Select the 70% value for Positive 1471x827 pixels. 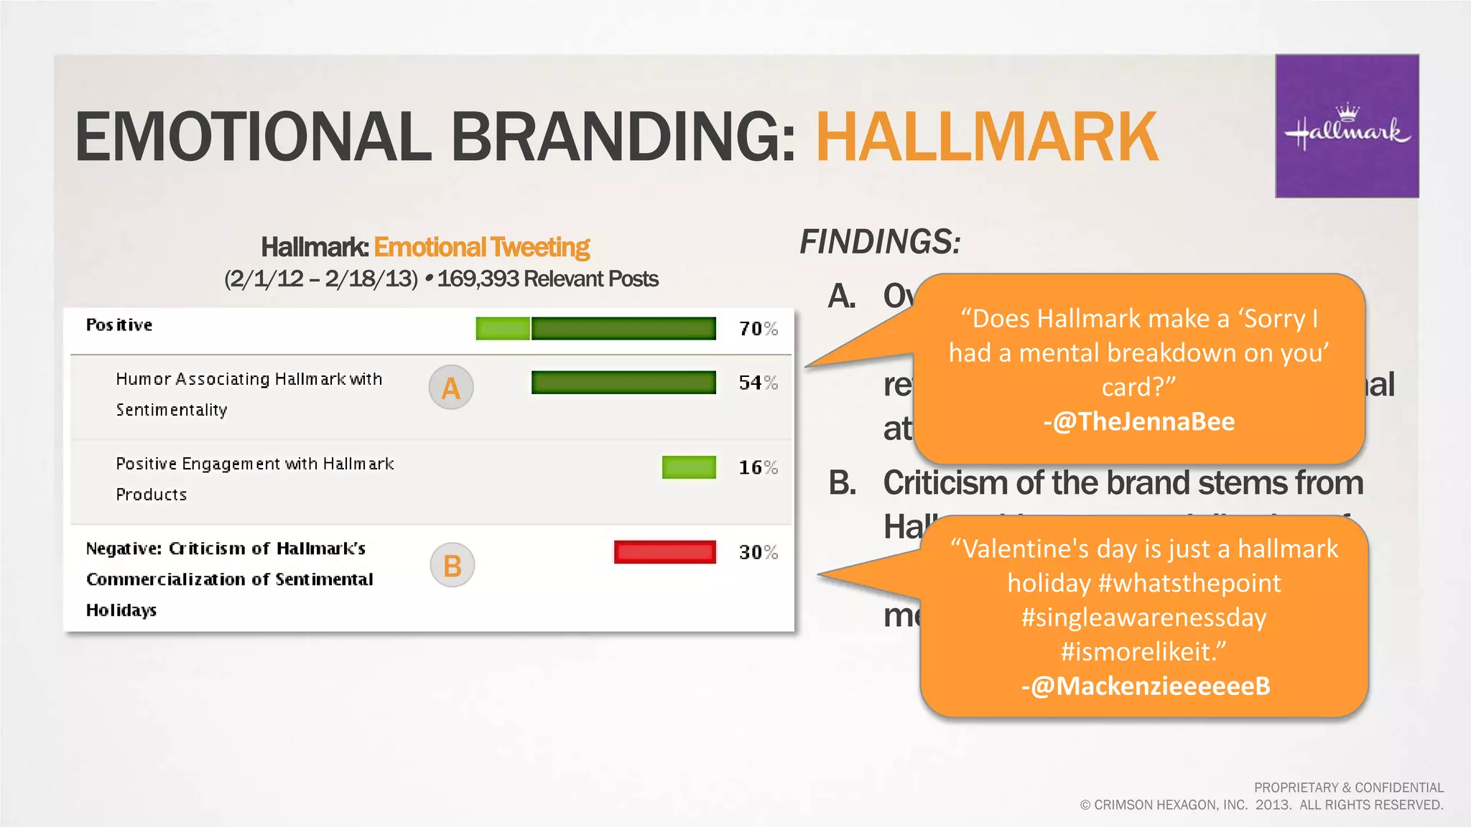[x=758, y=329]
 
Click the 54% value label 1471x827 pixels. [x=758, y=383]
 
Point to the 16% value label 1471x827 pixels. [x=758, y=467]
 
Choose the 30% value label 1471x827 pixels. [x=758, y=552]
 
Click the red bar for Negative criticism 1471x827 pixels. [x=665, y=552]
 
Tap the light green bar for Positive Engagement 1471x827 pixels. [x=689, y=467]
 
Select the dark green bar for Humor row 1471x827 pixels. [x=623, y=383]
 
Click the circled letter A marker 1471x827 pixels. [x=451, y=388]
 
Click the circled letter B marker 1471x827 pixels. [x=452, y=566]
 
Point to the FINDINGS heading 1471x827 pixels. [x=881, y=242]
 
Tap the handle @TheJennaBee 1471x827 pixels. [x=1139, y=421]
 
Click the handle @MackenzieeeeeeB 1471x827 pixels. [x=1146, y=686]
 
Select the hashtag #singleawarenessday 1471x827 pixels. [x=1144, y=617]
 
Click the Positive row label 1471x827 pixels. [x=119, y=325]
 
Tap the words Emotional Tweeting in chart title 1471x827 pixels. [x=482, y=247]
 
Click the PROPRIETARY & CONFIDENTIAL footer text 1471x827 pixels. [x=1348, y=788]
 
